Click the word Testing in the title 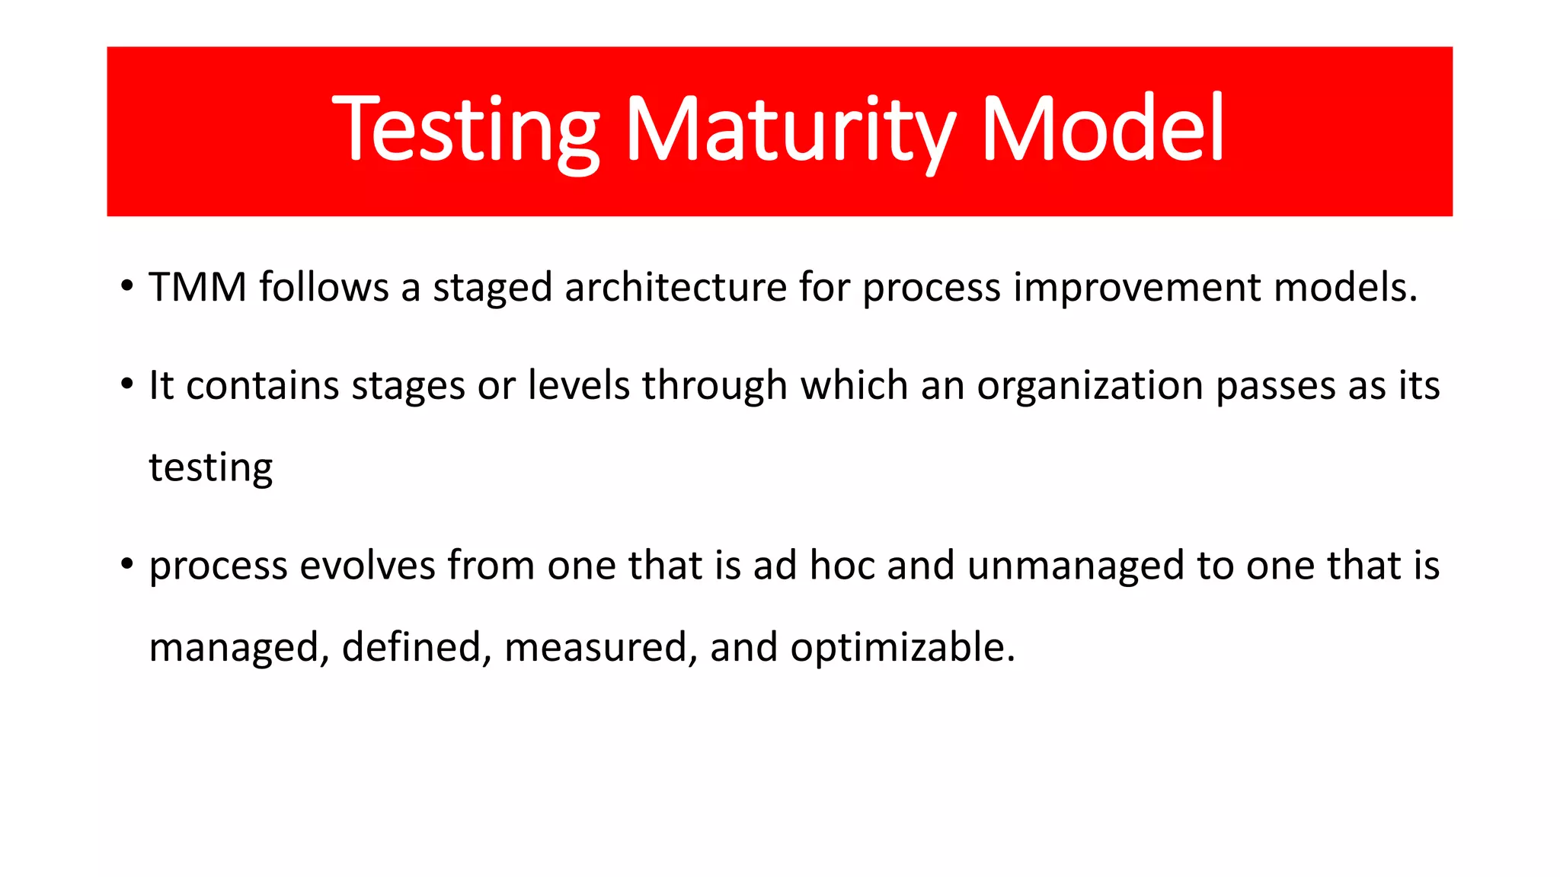click(466, 129)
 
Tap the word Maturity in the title click(789, 129)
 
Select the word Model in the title click(1103, 129)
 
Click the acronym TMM click(197, 288)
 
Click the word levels click(579, 385)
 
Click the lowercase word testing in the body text click(210, 468)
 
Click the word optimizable click(903, 648)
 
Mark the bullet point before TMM click(126, 287)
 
